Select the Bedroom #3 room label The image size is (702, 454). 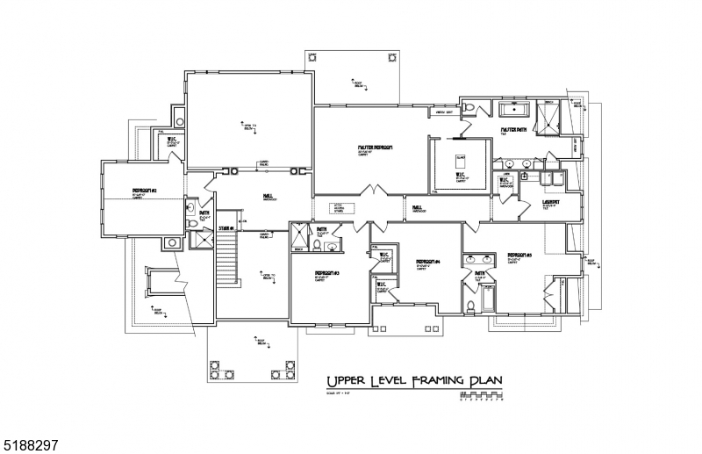(x=326, y=273)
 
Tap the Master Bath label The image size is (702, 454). (x=513, y=130)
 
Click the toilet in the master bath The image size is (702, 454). (x=470, y=108)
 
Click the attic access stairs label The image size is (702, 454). (x=341, y=209)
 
